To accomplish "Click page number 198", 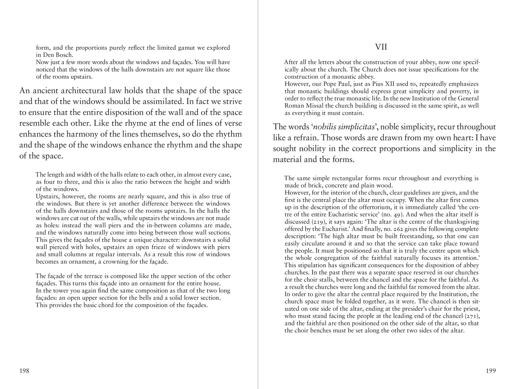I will [24, 371].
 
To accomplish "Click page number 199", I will [491, 371].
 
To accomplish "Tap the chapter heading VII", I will [381, 47].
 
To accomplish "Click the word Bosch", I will [65, 55].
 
